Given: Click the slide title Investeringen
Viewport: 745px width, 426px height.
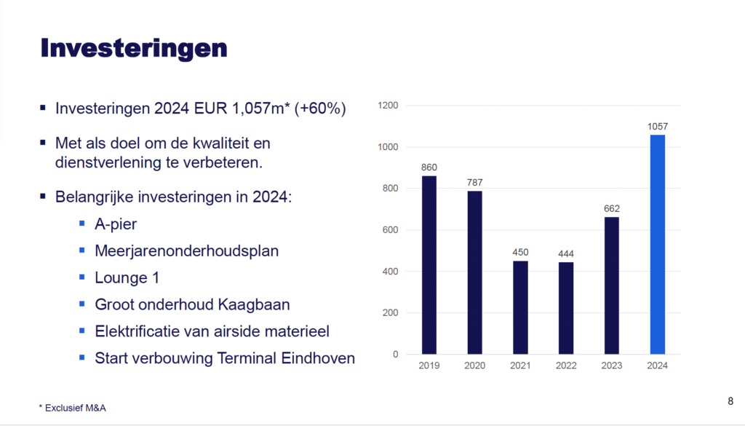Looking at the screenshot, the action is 134,49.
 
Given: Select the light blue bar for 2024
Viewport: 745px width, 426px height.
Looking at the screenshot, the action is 658,245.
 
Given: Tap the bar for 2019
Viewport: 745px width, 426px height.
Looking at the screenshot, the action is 429,265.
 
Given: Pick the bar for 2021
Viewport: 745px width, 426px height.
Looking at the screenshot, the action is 520,307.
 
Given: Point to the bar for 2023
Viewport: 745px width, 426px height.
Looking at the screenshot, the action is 611,285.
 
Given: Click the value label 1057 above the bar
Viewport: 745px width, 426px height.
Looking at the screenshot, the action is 658,127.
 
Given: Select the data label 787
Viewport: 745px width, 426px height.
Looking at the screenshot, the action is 474,183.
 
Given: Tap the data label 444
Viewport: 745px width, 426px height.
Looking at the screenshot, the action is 566,254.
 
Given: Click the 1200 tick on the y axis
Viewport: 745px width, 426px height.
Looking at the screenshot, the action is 388,106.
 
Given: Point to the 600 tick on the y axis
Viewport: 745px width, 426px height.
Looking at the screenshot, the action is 390,230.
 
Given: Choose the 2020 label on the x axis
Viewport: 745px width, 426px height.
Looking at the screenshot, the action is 474,366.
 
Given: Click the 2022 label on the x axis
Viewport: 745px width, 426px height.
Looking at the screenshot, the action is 566,366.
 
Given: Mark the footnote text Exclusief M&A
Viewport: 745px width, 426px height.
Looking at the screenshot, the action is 75,408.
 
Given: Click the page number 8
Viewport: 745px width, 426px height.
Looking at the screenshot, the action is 730,401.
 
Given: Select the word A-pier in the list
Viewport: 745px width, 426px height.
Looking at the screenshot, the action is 116,224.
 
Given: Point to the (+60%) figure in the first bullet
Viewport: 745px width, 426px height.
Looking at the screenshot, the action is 320,109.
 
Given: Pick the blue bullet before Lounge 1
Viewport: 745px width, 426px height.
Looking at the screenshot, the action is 82,277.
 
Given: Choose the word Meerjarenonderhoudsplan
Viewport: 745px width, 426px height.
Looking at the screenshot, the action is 187,251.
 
